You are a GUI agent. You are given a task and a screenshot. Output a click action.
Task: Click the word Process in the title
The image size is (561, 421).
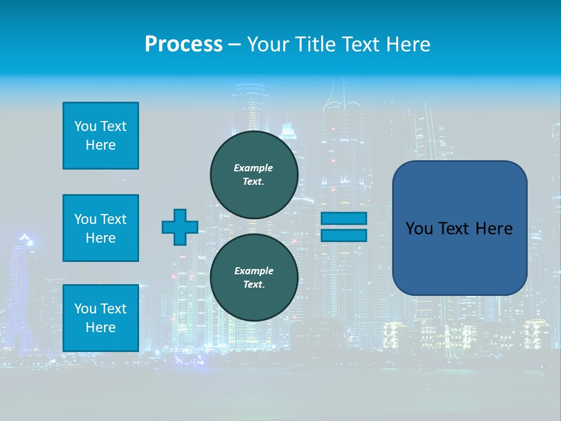[x=183, y=44]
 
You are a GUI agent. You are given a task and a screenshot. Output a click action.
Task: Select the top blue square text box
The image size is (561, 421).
[x=101, y=136]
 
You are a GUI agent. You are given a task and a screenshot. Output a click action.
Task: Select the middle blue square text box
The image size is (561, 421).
[x=101, y=228]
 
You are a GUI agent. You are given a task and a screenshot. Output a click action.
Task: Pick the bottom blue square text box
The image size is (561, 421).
[x=101, y=318]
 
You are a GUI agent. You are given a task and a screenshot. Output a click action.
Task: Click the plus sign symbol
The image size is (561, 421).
[x=180, y=227]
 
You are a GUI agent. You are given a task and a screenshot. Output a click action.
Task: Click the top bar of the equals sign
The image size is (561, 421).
[x=344, y=218]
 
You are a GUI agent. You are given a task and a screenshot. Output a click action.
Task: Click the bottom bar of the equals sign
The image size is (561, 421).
[x=344, y=236]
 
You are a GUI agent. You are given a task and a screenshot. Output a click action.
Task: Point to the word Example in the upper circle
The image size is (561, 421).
[x=254, y=168]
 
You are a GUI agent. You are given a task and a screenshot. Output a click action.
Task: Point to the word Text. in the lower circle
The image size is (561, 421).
[x=254, y=285]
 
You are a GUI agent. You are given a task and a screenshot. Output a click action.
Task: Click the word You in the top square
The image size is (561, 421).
[x=85, y=126]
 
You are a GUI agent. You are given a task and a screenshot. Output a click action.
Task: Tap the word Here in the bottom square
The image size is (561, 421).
[x=101, y=327]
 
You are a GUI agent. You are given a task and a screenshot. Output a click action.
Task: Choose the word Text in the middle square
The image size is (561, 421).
[x=113, y=219]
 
